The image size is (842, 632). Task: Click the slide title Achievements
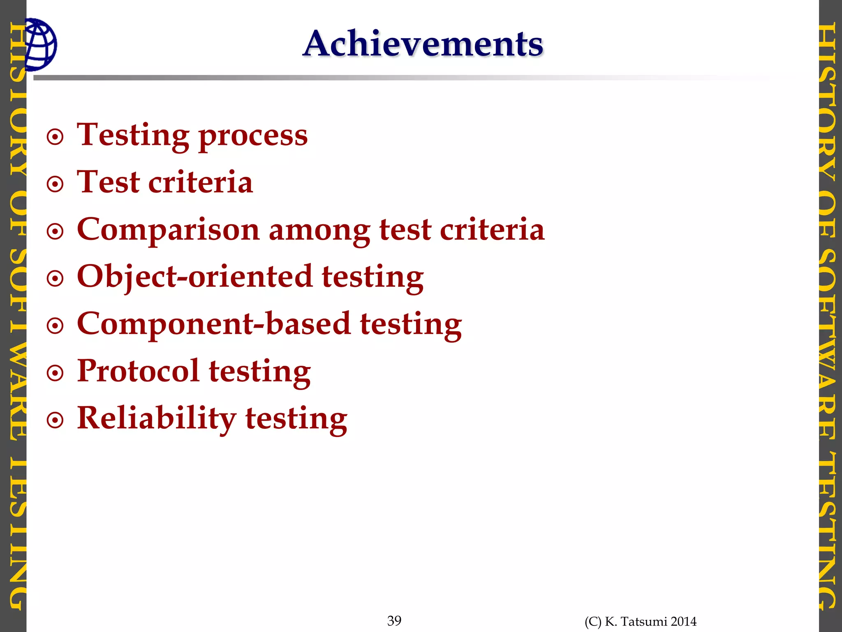click(423, 44)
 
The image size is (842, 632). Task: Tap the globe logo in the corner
click(40, 44)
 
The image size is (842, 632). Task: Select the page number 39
click(394, 620)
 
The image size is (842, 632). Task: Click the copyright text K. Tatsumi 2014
click(641, 621)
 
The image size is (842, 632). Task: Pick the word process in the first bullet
click(253, 136)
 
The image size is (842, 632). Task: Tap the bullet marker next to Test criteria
click(55, 184)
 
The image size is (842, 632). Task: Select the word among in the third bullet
click(319, 230)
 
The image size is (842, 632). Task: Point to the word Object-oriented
click(194, 276)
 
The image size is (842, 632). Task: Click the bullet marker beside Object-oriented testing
click(55, 279)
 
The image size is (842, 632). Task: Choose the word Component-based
click(213, 324)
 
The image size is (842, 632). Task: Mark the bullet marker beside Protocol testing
click(55, 374)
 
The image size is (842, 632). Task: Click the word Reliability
click(156, 418)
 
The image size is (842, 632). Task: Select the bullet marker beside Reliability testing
click(55, 421)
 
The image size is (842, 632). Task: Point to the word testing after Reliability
click(296, 419)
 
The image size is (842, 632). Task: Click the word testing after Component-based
click(411, 325)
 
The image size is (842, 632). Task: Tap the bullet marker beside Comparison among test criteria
click(55, 232)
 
